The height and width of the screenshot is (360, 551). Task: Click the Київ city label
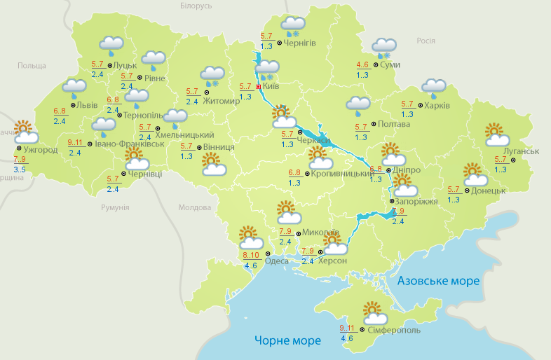coord(271,88)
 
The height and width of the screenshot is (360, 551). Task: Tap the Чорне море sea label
coord(287,341)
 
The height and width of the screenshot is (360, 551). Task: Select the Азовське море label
coord(438,281)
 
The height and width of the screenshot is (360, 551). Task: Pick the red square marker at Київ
coord(259,87)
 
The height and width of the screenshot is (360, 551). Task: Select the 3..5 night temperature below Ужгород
coord(20,169)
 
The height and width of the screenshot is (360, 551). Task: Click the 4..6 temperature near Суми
coord(362,65)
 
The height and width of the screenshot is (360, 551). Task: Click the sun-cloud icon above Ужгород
coord(25,131)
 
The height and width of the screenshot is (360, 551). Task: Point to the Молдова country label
coord(195,208)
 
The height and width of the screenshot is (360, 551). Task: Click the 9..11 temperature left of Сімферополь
coord(347,328)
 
